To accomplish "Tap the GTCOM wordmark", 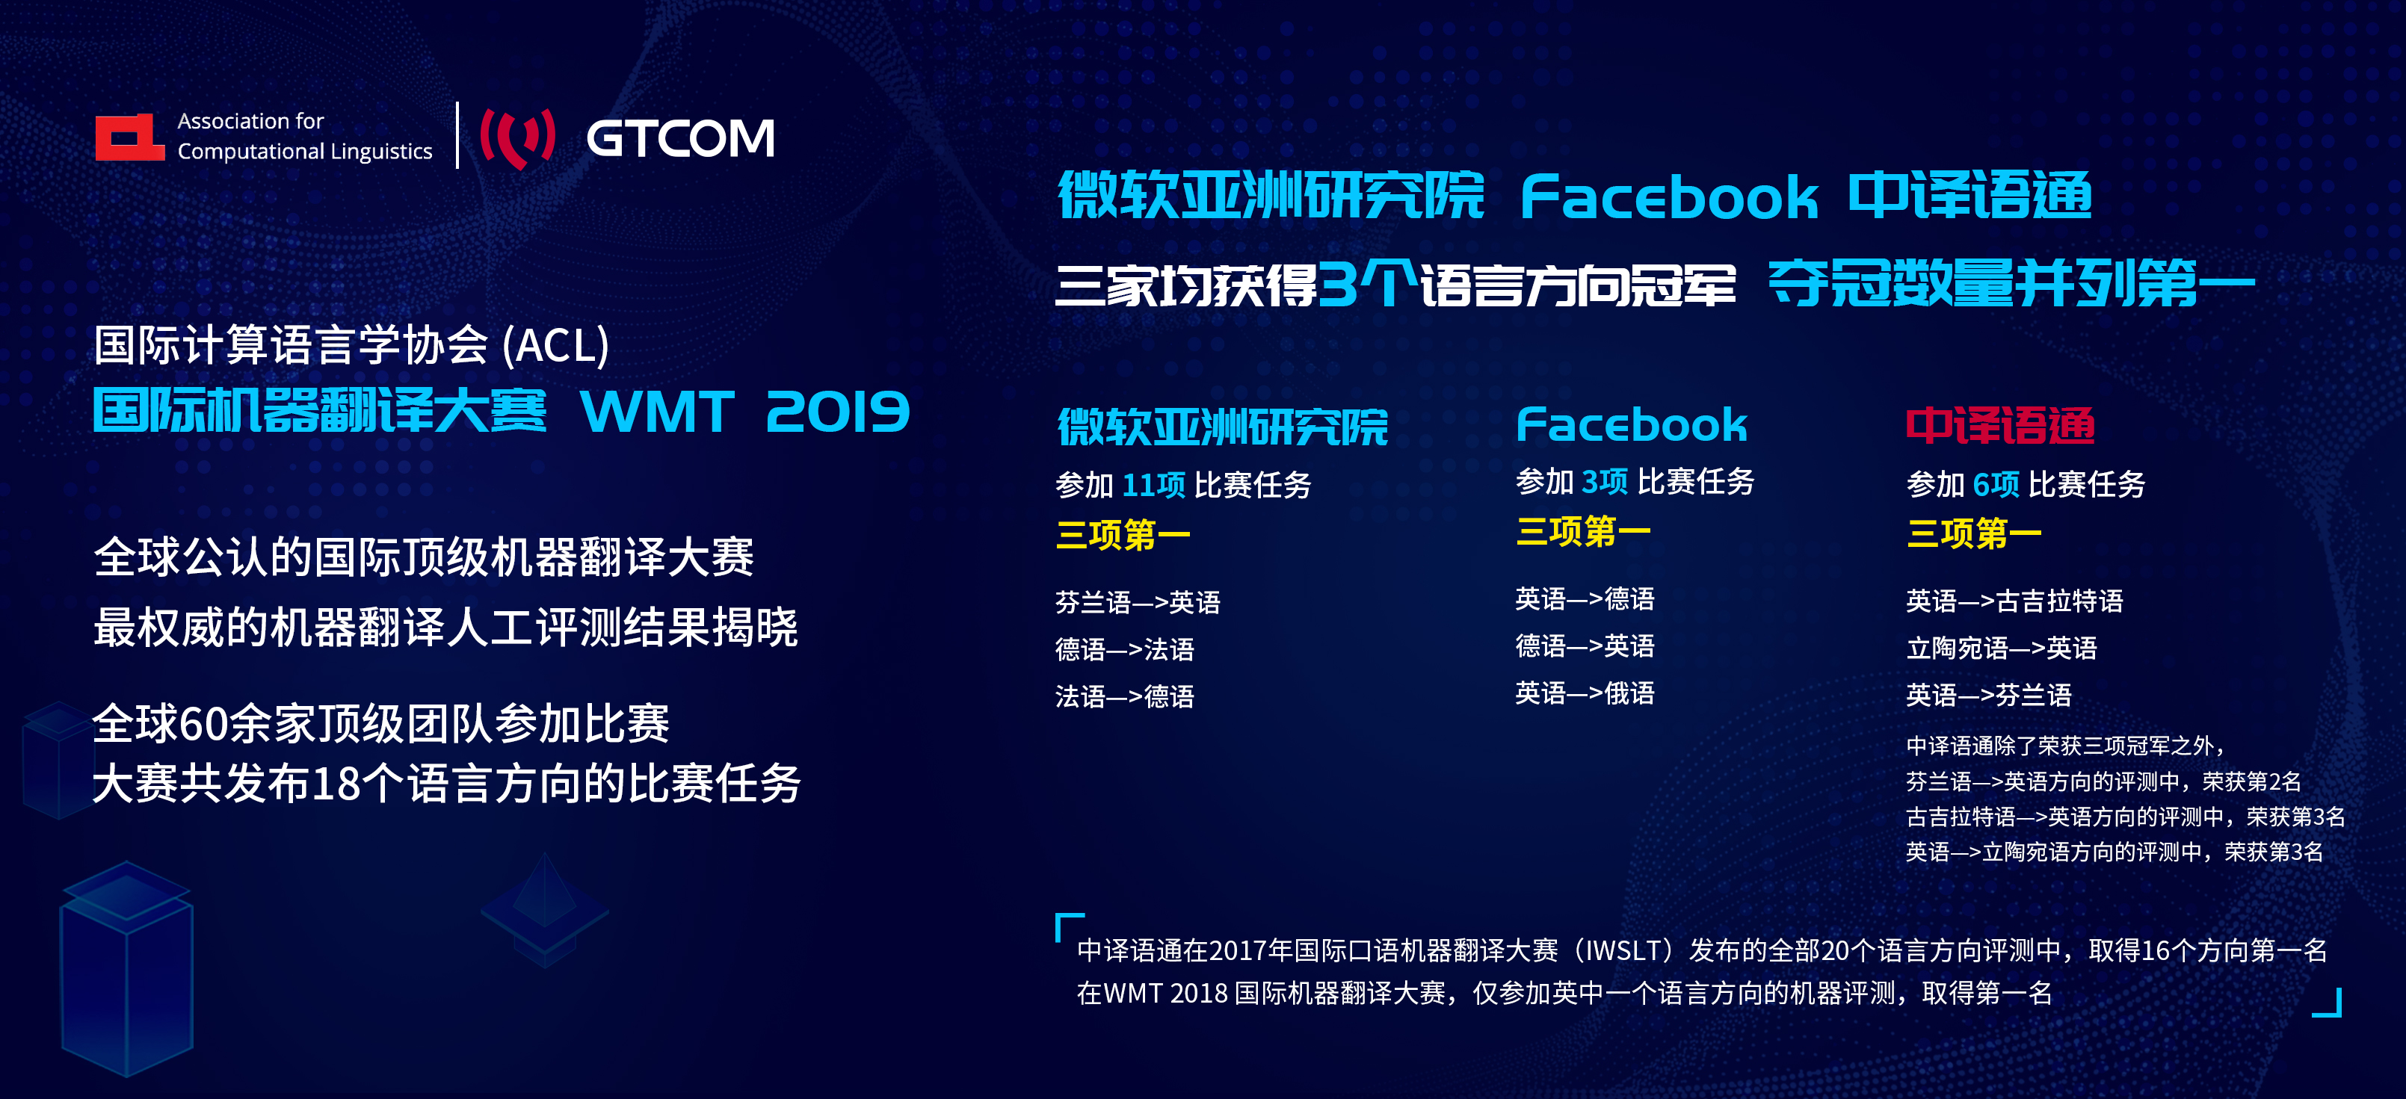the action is (x=680, y=138).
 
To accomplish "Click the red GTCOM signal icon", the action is (x=517, y=138).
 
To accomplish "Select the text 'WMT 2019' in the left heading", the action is (x=744, y=412).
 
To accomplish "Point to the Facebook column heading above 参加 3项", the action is (x=1631, y=425).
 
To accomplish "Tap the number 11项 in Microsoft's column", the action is (x=1153, y=485).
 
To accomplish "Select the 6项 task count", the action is (x=1996, y=483).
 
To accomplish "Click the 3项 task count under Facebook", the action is (x=1605, y=481).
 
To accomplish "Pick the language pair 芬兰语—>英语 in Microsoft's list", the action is (x=1138, y=602).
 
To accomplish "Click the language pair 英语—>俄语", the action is (x=1584, y=693).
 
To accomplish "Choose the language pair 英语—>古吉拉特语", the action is (x=2014, y=601).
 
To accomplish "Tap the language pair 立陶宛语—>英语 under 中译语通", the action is (x=2002, y=648).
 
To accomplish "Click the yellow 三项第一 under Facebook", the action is (x=1583, y=531).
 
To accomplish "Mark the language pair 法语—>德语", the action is (x=1125, y=696).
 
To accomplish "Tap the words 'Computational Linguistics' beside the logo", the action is (x=304, y=151).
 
